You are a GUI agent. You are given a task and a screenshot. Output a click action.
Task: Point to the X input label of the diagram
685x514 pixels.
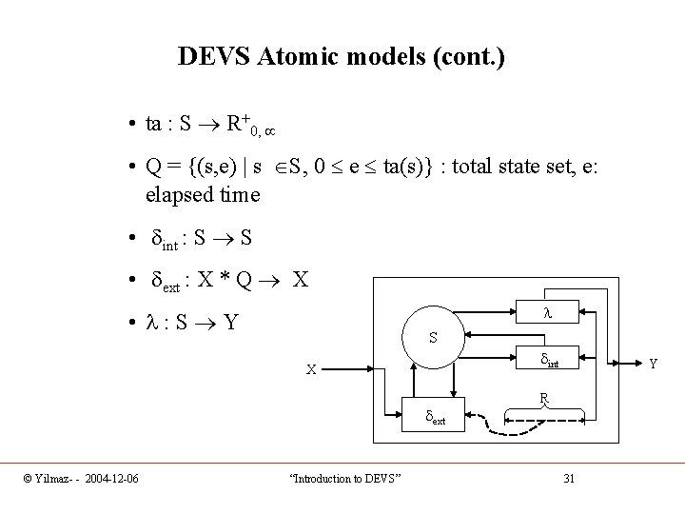[x=310, y=370]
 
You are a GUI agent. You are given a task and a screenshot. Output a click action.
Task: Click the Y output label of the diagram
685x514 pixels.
[x=652, y=362]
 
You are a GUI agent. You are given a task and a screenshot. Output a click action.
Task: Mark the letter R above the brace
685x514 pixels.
[x=542, y=397]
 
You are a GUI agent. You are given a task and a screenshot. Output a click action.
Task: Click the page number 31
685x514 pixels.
[x=569, y=478]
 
